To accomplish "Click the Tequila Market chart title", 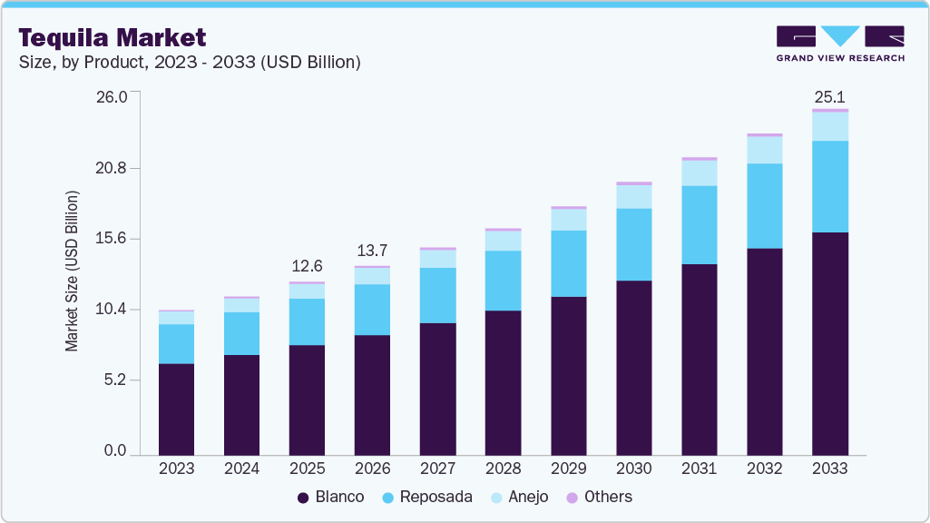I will click(x=113, y=37).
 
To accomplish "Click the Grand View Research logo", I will click(x=840, y=44).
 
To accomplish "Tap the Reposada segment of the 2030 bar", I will click(x=633, y=244).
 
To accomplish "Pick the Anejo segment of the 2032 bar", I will click(x=764, y=150).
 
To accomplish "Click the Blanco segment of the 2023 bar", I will click(x=176, y=409).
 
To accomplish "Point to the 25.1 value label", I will click(x=829, y=96).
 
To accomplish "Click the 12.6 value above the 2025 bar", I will click(x=307, y=266).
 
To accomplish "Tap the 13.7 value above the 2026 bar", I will click(x=372, y=250).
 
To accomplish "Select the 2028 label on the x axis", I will click(x=503, y=469).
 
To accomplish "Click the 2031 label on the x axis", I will click(x=699, y=469).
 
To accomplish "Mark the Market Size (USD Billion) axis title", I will click(x=72, y=271).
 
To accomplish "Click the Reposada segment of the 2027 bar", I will click(x=437, y=295).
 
